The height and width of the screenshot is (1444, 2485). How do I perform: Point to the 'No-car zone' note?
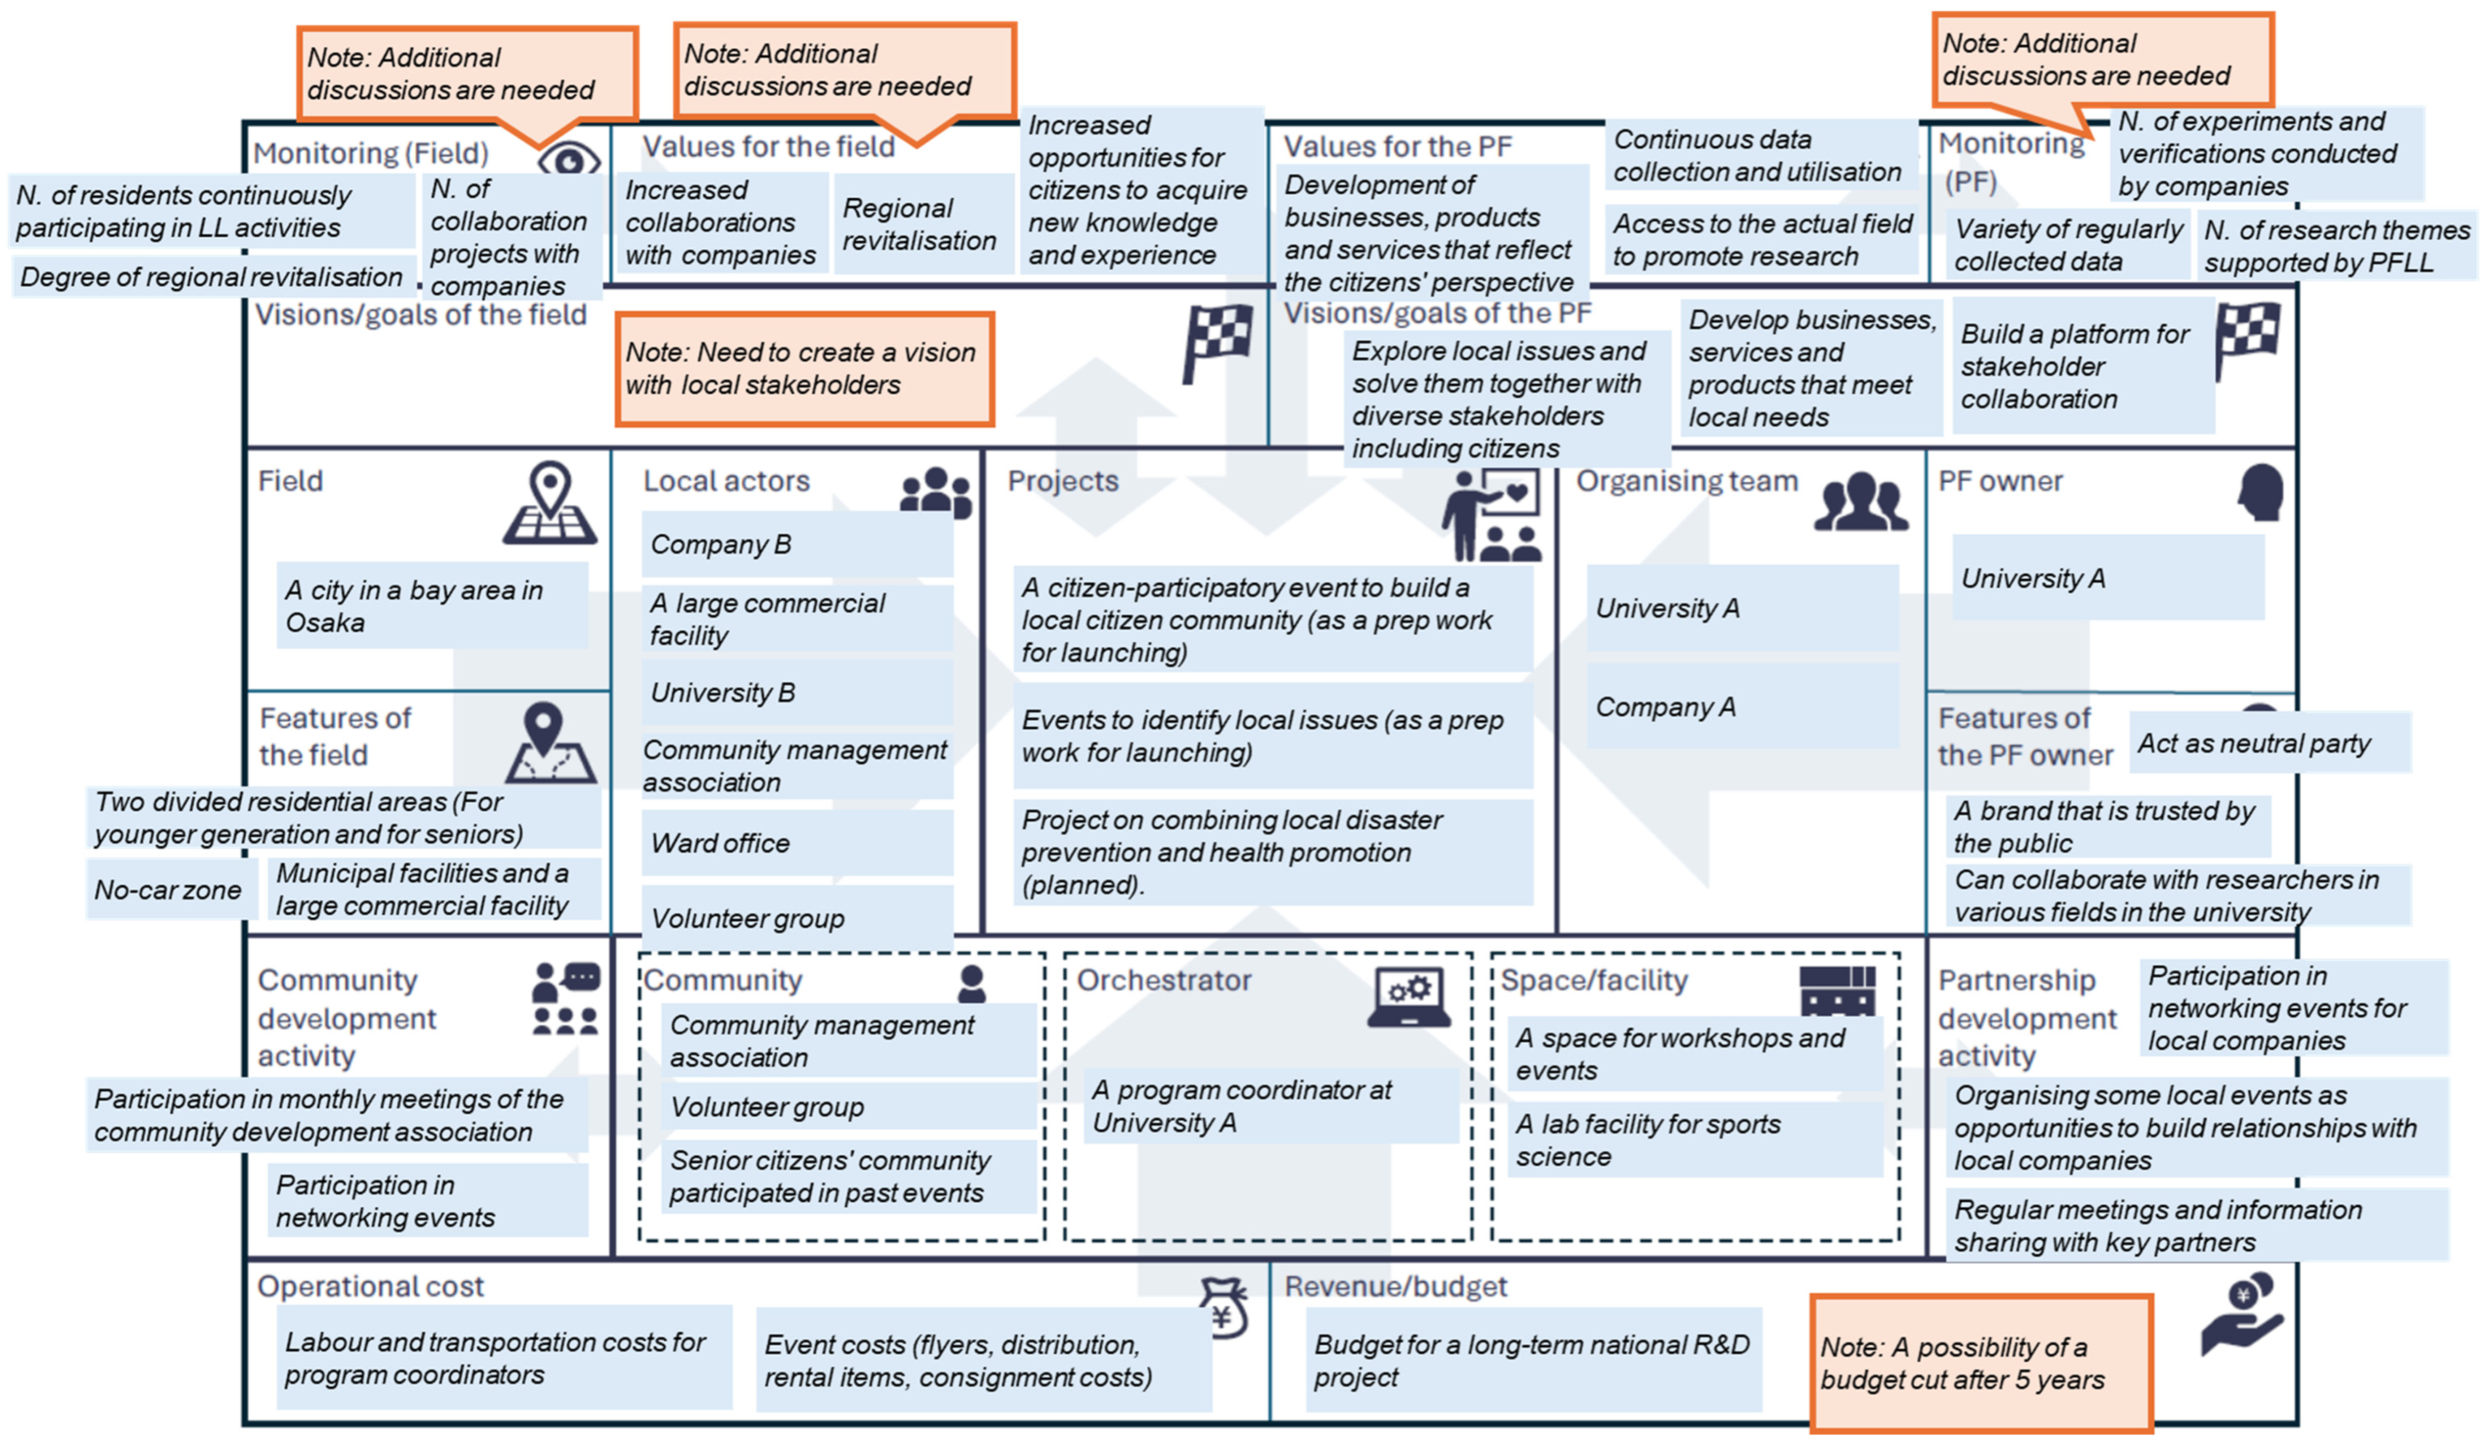pos(168,889)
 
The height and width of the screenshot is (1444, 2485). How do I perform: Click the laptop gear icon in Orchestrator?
pos(1408,998)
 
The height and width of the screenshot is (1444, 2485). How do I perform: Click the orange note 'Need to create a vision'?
pos(804,368)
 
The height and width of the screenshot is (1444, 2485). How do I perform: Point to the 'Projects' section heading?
pos(1062,481)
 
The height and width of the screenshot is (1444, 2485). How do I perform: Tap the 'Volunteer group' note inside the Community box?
pos(848,1107)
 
